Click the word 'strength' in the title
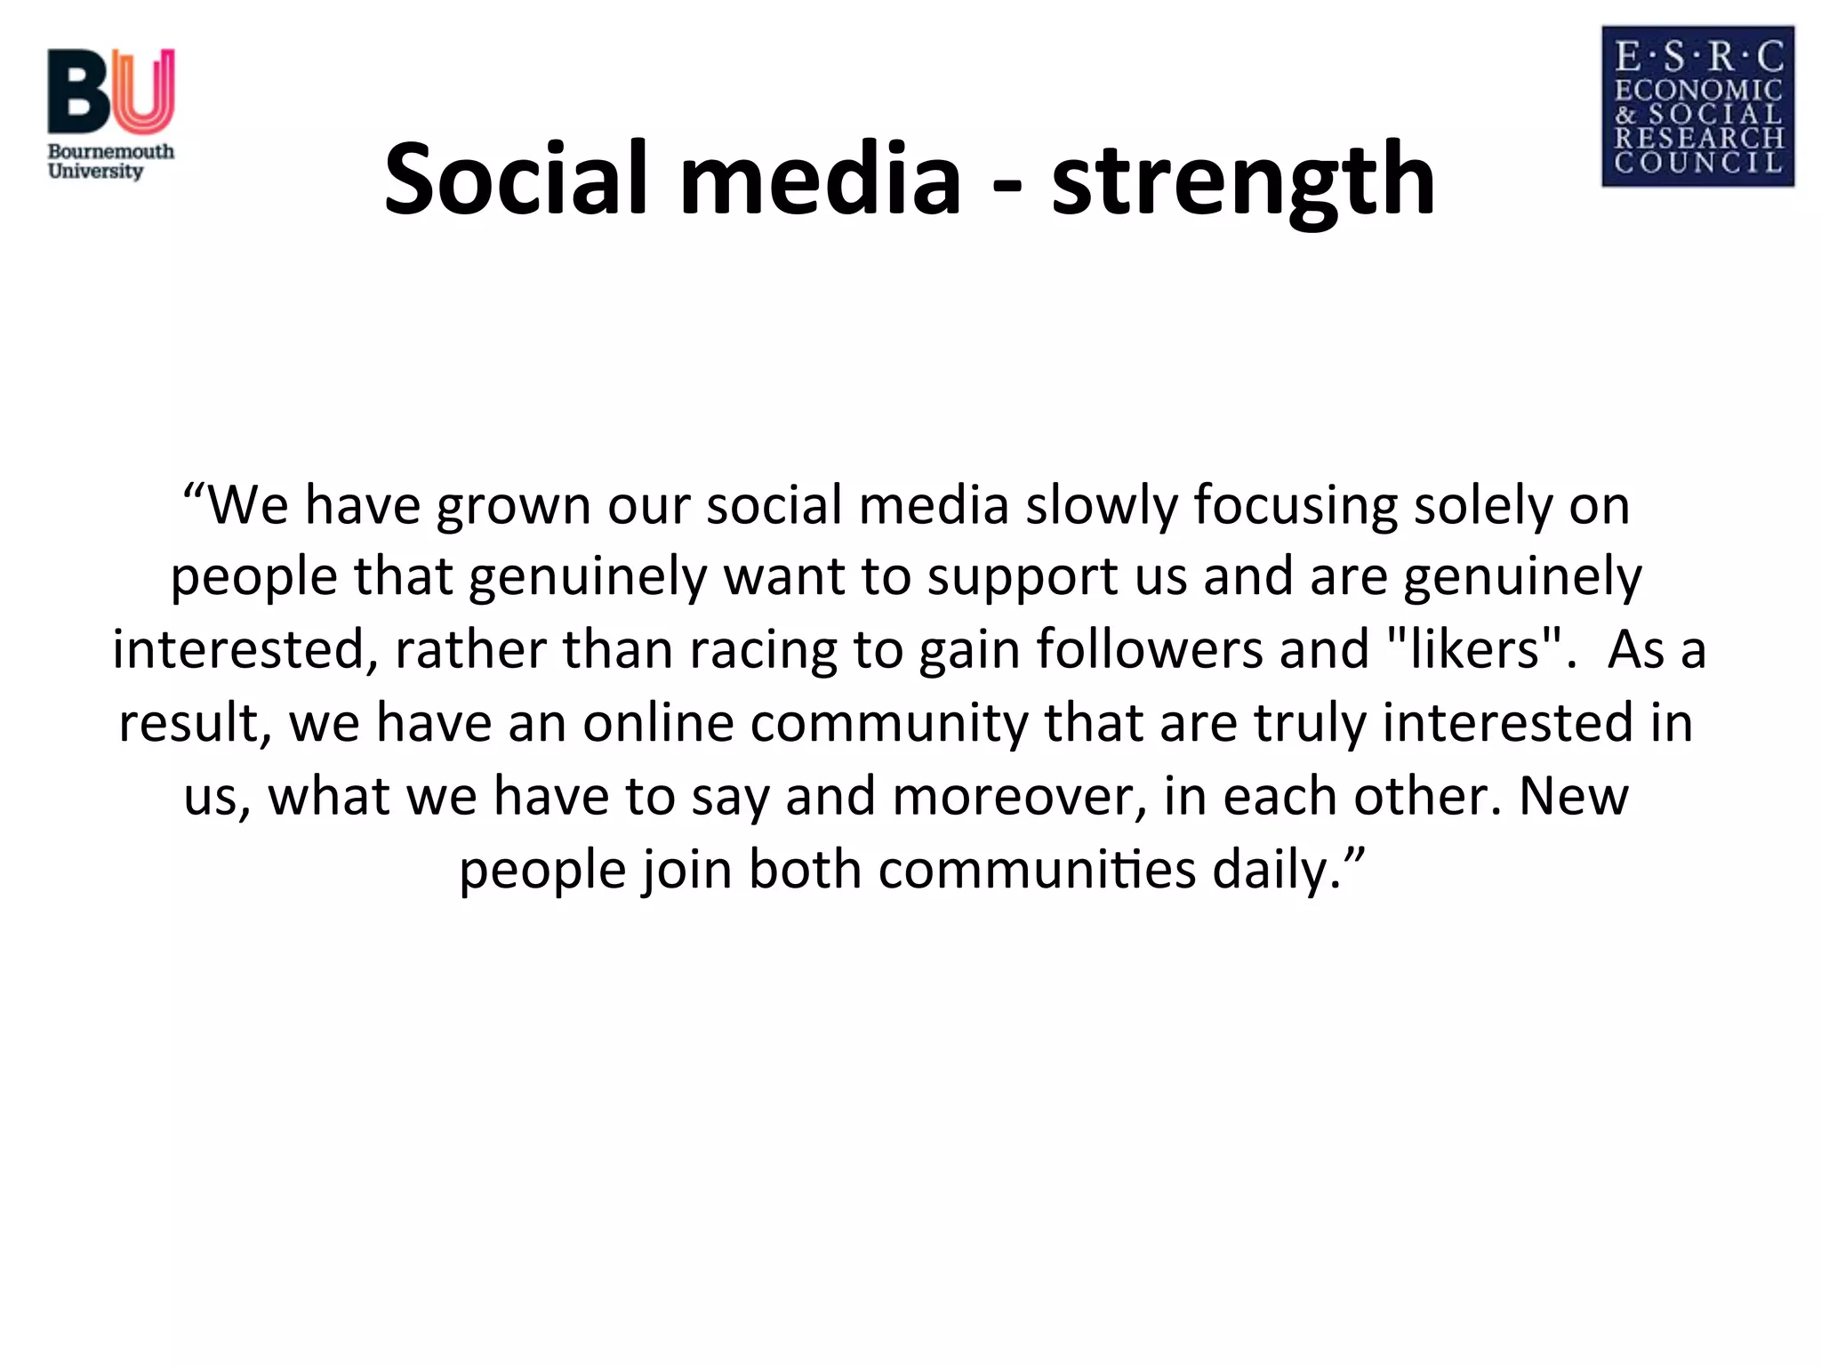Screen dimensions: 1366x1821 1243,182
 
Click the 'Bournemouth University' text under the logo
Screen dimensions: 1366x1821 110,161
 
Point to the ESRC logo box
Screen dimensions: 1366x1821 1697,107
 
